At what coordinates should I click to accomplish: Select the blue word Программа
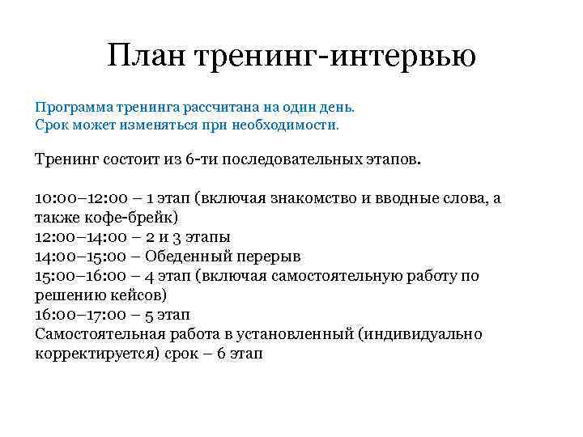pyautogui.click(x=70, y=107)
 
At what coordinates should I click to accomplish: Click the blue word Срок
pyautogui.click(x=51, y=126)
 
